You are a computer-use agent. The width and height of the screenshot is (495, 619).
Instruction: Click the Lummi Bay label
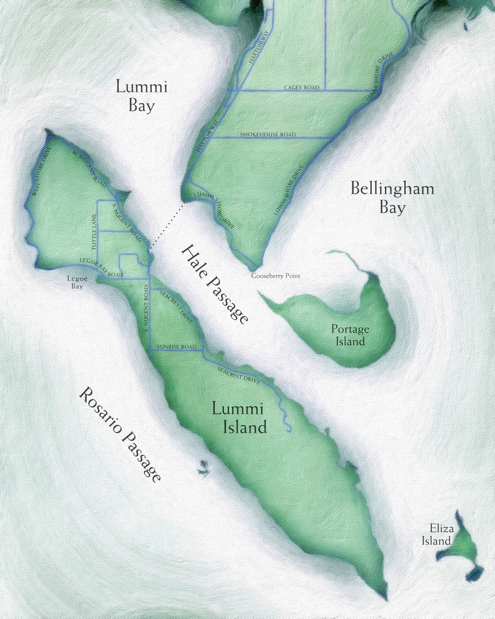141,96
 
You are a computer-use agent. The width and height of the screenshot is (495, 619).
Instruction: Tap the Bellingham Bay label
392,198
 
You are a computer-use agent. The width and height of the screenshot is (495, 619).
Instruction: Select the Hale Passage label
215,284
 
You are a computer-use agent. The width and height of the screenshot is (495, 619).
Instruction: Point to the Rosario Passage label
120,434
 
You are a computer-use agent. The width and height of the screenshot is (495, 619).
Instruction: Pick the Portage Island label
350,335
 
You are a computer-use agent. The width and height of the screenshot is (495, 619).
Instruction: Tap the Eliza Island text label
437,535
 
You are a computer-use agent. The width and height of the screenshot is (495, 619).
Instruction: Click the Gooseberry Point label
275,276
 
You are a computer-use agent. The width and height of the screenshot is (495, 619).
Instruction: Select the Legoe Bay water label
77,282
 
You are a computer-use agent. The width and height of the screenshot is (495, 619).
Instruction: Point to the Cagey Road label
302,88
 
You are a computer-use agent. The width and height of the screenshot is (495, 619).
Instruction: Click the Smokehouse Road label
268,135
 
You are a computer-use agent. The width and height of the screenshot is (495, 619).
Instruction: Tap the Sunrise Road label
176,347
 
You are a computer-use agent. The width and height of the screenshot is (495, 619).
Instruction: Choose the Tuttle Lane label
94,232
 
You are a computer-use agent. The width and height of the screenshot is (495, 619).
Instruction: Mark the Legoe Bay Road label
101,268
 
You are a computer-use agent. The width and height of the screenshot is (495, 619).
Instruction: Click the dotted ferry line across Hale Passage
167,226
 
